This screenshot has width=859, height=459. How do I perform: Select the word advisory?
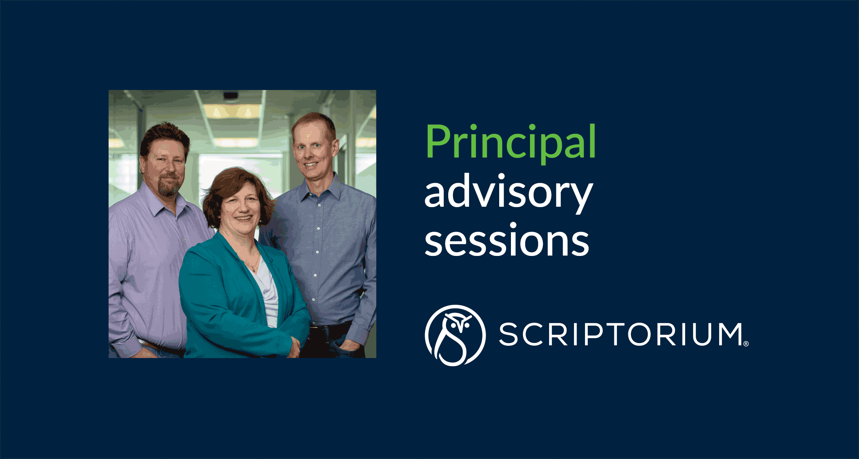508,194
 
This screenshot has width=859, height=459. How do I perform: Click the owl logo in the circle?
455,335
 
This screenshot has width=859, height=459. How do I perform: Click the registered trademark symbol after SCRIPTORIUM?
746,344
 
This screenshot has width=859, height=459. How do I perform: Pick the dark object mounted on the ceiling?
231,95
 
